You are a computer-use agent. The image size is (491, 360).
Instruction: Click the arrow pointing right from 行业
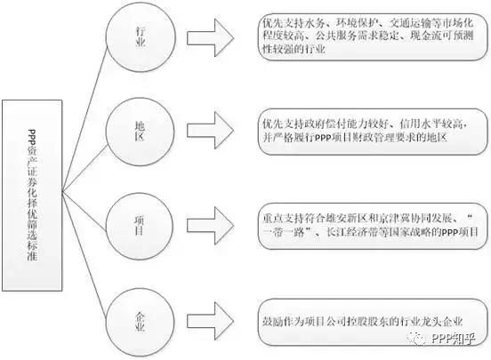click(x=210, y=38)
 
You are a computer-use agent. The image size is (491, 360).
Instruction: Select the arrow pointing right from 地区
click(x=210, y=131)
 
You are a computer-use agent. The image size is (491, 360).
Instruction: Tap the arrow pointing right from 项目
click(x=210, y=226)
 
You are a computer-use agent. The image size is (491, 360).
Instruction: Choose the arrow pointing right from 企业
click(x=210, y=321)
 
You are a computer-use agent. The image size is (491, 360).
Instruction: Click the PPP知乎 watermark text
click(x=453, y=339)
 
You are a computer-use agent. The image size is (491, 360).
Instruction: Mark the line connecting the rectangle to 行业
click(x=85, y=119)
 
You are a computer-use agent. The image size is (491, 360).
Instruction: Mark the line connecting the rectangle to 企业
click(x=85, y=254)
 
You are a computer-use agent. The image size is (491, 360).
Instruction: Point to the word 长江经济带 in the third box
click(x=352, y=232)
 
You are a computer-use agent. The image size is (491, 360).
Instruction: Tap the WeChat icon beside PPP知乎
click(x=417, y=338)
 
